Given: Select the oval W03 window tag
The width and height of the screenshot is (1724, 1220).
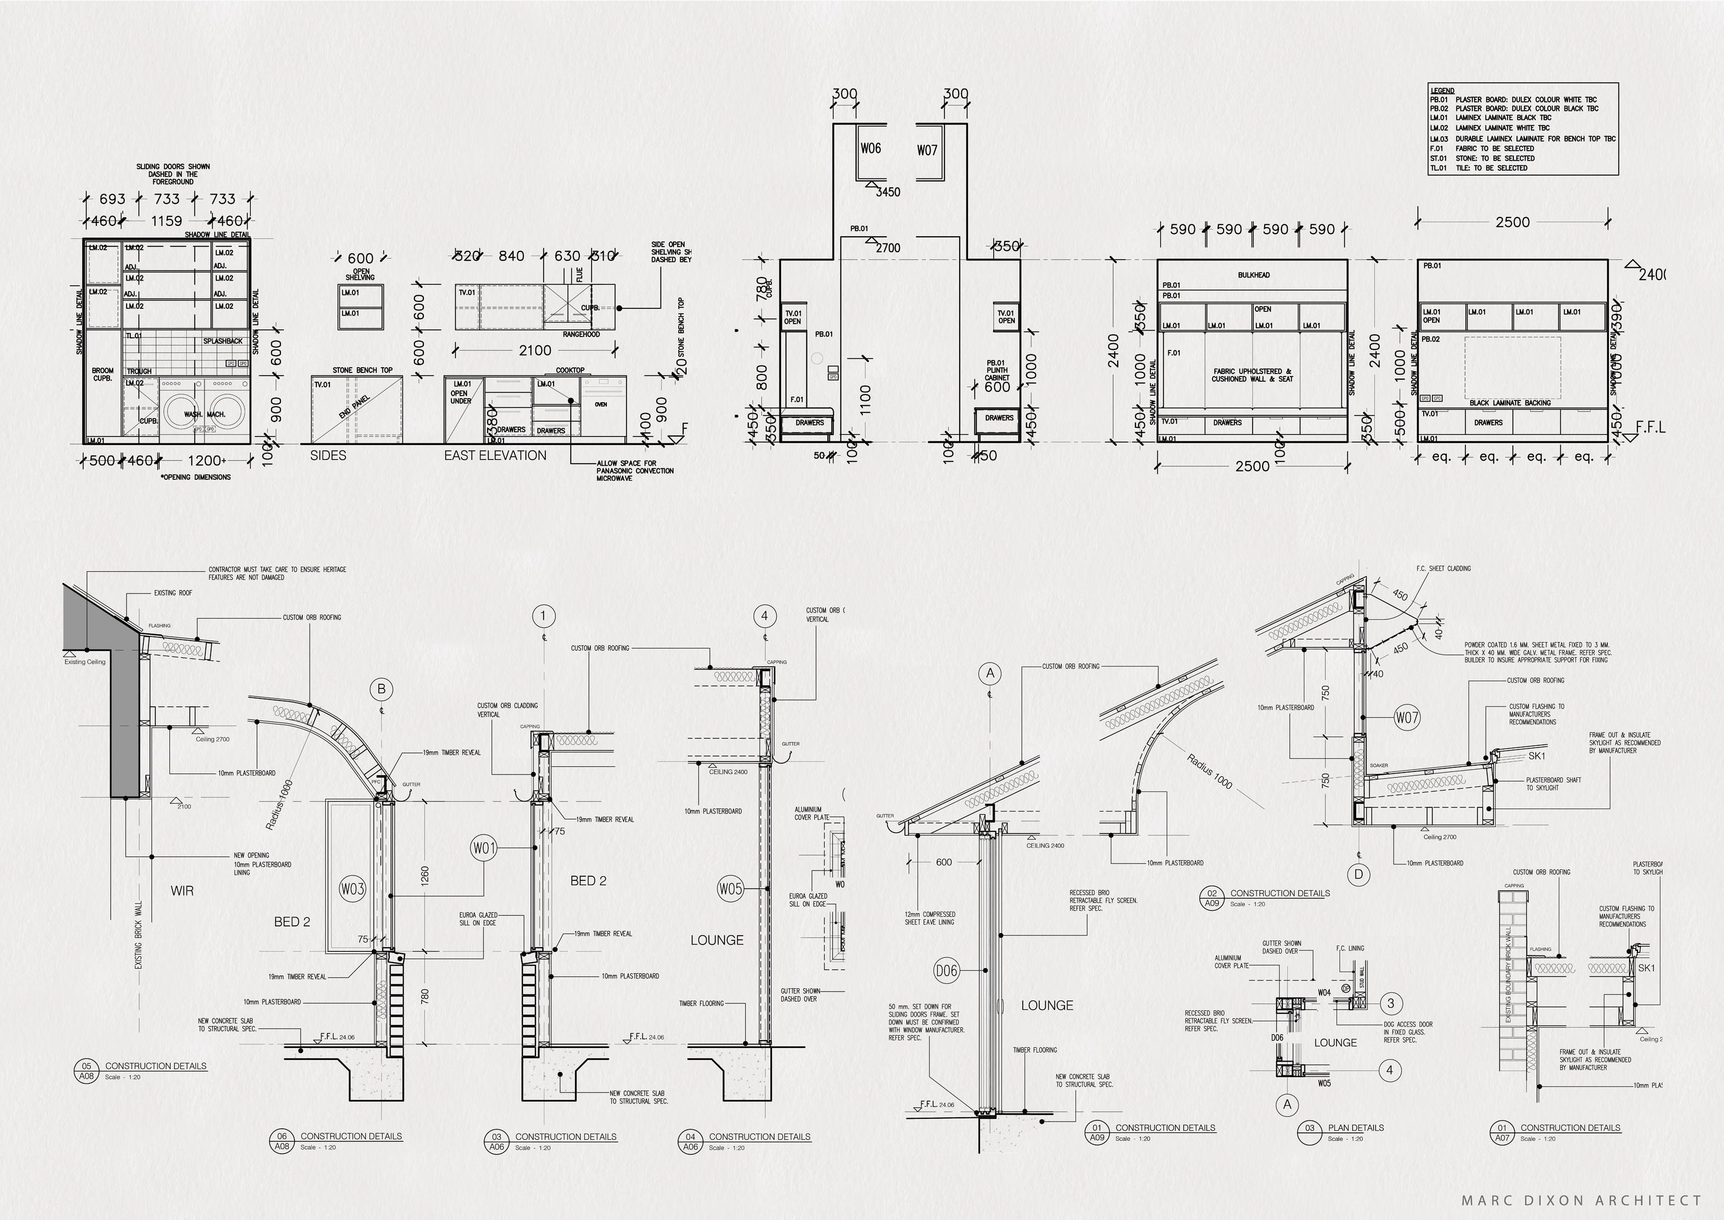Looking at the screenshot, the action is tap(352, 889).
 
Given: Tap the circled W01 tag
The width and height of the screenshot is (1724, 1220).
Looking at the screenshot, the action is tap(484, 848).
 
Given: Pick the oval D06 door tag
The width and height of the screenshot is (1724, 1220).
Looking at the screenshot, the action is tap(947, 971).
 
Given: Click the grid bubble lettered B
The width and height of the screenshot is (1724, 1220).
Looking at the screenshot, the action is tap(382, 689).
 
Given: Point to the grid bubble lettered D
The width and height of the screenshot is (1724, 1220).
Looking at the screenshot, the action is tap(1359, 874).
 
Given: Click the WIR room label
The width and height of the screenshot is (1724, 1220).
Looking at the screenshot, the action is tap(182, 891).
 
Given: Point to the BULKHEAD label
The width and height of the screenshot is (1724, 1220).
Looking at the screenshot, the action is tap(1253, 275).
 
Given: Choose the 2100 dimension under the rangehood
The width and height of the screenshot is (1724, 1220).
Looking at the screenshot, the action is tap(535, 350).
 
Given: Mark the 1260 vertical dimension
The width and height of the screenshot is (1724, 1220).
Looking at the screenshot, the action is tap(425, 876).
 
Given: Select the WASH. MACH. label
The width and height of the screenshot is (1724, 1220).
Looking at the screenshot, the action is tap(205, 415).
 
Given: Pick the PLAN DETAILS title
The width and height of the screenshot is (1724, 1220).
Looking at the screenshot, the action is tap(1355, 1128).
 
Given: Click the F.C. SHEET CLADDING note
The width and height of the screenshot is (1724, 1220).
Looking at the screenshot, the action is tap(1443, 569).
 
